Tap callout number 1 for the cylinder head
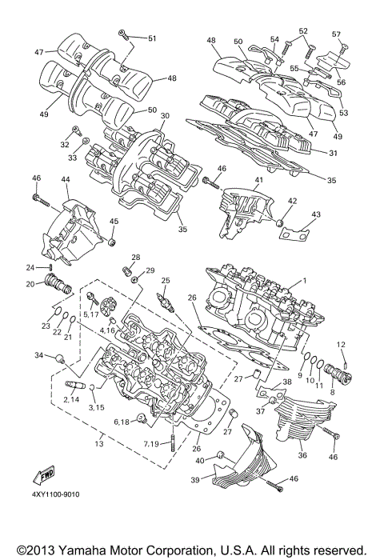tap(305, 282)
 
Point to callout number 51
tap(152, 38)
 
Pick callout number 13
tap(99, 442)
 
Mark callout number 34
tap(38, 355)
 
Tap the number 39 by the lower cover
tap(194, 482)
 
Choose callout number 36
tap(301, 456)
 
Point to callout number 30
tap(165, 116)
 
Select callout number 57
tap(336, 34)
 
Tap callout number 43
tap(316, 214)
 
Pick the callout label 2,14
tap(71, 399)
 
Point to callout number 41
tap(258, 181)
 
